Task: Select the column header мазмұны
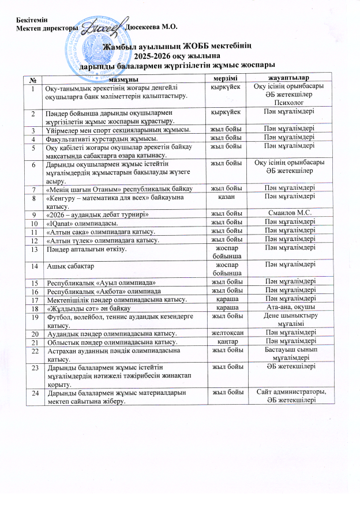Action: click(122, 77)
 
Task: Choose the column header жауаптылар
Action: click(289, 77)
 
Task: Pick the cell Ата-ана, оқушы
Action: click(289, 308)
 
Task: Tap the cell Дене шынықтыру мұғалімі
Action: click(289, 321)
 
